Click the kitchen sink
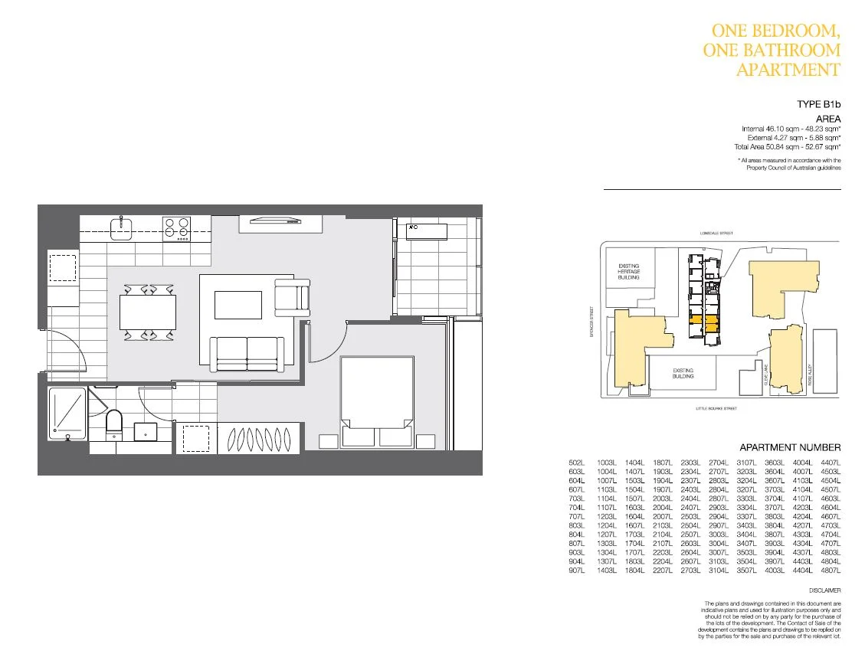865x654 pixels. pyautogui.click(x=121, y=227)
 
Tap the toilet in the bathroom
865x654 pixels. pyautogui.click(x=114, y=423)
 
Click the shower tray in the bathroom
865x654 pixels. pyautogui.click(x=67, y=414)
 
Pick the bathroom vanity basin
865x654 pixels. pyautogui.click(x=146, y=431)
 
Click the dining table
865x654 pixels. pyautogui.click(x=148, y=312)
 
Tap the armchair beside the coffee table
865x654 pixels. pyautogui.click(x=292, y=297)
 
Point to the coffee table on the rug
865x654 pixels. pyautogui.click(x=238, y=304)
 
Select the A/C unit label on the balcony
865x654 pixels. pyautogui.click(x=413, y=227)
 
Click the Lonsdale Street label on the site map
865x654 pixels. pyautogui.click(x=716, y=233)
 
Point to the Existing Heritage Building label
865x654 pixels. pyautogui.click(x=628, y=271)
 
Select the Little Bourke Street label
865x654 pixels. pyautogui.click(x=716, y=409)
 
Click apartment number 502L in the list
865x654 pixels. pyautogui.click(x=576, y=463)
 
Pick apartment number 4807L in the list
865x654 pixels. pyautogui.click(x=830, y=572)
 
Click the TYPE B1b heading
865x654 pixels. pyautogui.click(x=818, y=103)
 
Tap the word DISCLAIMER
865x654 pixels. pyautogui.click(x=824, y=590)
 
